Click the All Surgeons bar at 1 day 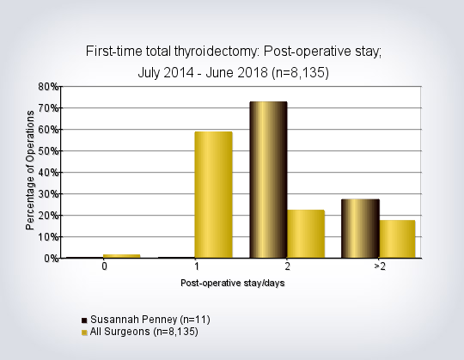pyautogui.click(x=213, y=195)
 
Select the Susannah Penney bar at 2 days pyautogui.click(x=268, y=180)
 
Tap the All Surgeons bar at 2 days pyautogui.click(x=306, y=234)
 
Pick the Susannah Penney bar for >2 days pyautogui.click(x=360, y=229)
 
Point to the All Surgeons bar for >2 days pyautogui.click(x=398, y=239)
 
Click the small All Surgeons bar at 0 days pyautogui.click(x=122, y=256)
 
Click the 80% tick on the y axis pyautogui.click(x=48, y=87)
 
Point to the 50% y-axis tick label pyautogui.click(x=48, y=151)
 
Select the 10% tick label pyautogui.click(x=48, y=237)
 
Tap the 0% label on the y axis pyautogui.click(x=52, y=259)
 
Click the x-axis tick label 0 pyautogui.click(x=104, y=266)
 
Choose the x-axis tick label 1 pyautogui.click(x=197, y=266)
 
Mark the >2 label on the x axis pyautogui.click(x=380, y=266)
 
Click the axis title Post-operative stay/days pyautogui.click(x=233, y=283)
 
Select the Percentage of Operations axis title pyautogui.click(x=30, y=170)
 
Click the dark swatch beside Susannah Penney pyautogui.click(x=84, y=320)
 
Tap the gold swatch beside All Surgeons pyautogui.click(x=84, y=333)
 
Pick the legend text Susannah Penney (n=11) pyautogui.click(x=150, y=320)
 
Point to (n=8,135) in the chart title pyautogui.click(x=300, y=73)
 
